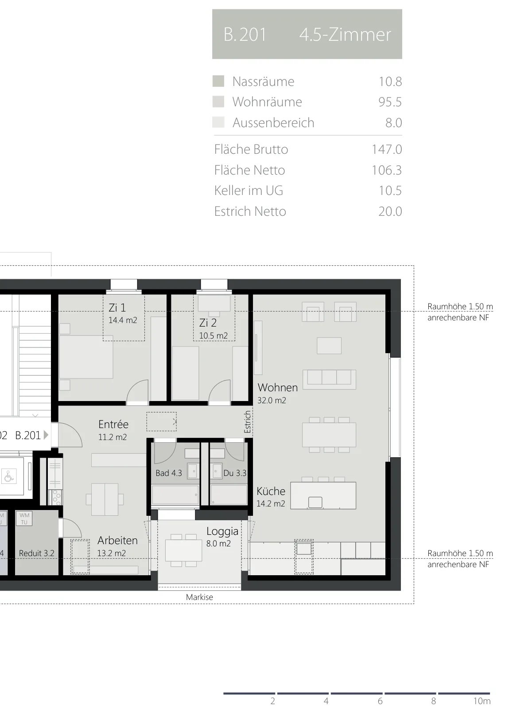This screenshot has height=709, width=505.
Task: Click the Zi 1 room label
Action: click(x=117, y=308)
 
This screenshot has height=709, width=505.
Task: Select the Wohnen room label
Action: click(x=277, y=387)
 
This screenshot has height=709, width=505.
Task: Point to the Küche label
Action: click(x=271, y=491)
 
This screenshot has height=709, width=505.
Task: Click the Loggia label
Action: click(x=222, y=531)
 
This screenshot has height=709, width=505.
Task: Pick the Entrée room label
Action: click(x=113, y=424)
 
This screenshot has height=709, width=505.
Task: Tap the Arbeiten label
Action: click(x=117, y=540)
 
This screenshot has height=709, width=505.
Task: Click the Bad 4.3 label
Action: click(x=169, y=473)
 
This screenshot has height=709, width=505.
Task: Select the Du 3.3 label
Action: click(x=235, y=473)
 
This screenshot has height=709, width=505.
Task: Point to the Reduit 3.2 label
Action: click(x=36, y=553)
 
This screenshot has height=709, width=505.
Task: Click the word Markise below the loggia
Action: click(x=199, y=597)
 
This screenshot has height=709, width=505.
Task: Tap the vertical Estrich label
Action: click(x=248, y=421)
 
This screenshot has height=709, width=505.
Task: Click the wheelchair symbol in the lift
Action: click(x=9, y=476)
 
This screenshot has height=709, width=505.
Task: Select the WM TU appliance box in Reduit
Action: click(x=24, y=519)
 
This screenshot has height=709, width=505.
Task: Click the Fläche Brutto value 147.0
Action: click(x=387, y=149)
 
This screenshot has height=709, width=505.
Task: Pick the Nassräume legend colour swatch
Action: click(x=218, y=81)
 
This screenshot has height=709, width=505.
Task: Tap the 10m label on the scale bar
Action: click(x=482, y=701)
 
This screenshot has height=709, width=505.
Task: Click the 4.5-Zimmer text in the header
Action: click(x=345, y=35)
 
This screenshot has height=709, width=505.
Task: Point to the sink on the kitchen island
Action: click(x=315, y=503)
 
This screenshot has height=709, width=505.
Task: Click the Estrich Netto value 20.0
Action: click(x=390, y=211)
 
